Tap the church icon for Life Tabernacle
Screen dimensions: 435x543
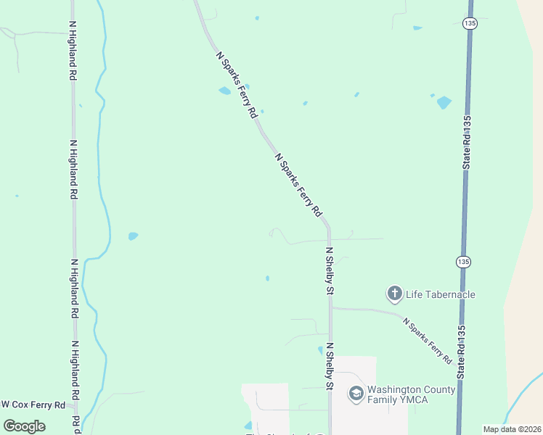tap(394, 294)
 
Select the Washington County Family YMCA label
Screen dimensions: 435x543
tap(411, 394)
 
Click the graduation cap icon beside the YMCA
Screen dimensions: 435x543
tap(356, 394)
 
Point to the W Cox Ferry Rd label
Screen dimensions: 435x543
tap(33, 405)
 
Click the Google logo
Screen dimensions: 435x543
tap(24, 426)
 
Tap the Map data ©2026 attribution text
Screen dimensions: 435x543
tap(512, 429)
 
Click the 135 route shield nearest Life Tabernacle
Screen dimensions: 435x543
tap(464, 261)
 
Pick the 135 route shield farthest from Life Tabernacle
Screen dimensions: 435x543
tap(470, 23)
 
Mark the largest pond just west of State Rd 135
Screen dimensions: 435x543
tap(444, 102)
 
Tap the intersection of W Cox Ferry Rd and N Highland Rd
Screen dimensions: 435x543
tap(75, 405)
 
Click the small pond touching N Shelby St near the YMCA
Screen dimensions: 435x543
tap(321, 350)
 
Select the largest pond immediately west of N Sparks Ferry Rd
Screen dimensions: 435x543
tap(224, 91)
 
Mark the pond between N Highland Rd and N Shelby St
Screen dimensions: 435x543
tap(133, 236)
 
